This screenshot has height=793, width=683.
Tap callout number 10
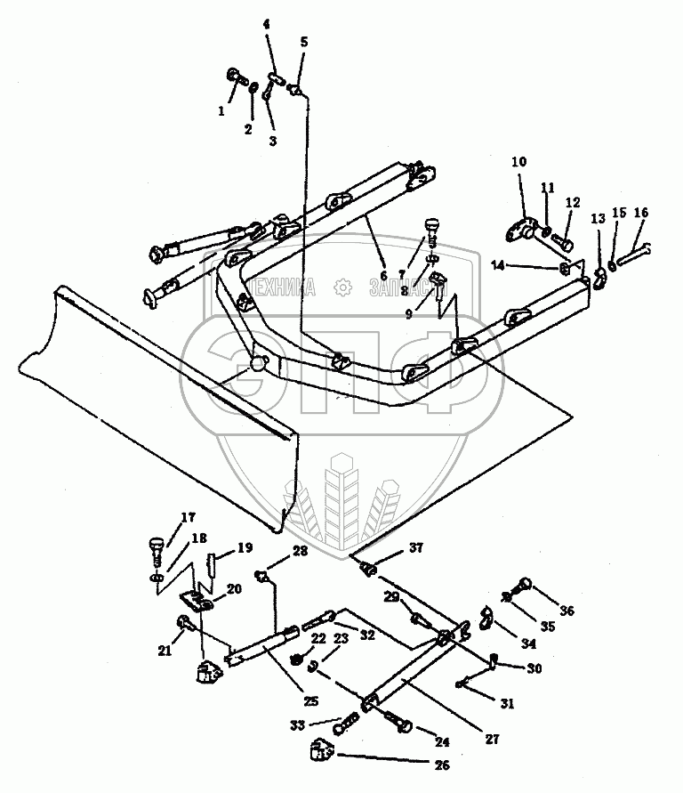518,162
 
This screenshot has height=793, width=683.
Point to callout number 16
641,213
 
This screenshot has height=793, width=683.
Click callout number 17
188,518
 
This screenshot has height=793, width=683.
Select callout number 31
507,703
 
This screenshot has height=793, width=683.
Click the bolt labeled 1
235,77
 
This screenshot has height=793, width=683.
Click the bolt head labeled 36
524,585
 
